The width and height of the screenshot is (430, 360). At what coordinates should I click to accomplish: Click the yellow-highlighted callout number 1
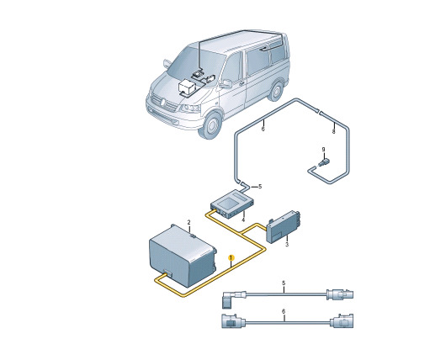[x=231, y=257]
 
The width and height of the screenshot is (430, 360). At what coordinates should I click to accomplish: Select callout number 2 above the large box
[x=188, y=222]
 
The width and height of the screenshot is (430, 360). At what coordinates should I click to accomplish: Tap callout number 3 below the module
[x=287, y=245]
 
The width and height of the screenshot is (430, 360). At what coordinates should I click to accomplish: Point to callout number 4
[x=243, y=220]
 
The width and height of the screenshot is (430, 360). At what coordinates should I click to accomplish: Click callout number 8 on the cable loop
[x=333, y=131]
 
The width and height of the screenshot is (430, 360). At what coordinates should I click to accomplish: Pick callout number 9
[x=323, y=149]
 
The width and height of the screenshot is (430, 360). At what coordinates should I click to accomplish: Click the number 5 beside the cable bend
[x=260, y=187]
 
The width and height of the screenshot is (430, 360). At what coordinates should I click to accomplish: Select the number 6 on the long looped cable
[x=263, y=129]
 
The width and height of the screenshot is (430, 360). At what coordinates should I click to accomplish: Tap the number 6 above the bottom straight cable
[x=284, y=311]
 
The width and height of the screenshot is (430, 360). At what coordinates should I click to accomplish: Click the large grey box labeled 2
[x=183, y=255]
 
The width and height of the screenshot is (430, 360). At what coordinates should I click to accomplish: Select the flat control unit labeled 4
[x=232, y=204]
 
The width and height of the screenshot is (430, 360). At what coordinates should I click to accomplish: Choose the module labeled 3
[x=284, y=227]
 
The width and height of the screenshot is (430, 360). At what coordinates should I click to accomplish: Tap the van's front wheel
[x=212, y=125]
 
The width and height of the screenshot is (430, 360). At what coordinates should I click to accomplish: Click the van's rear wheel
[x=276, y=91]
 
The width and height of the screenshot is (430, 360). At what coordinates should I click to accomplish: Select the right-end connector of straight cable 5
[x=340, y=294]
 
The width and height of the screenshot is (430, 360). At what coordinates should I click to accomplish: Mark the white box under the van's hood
[x=186, y=87]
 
